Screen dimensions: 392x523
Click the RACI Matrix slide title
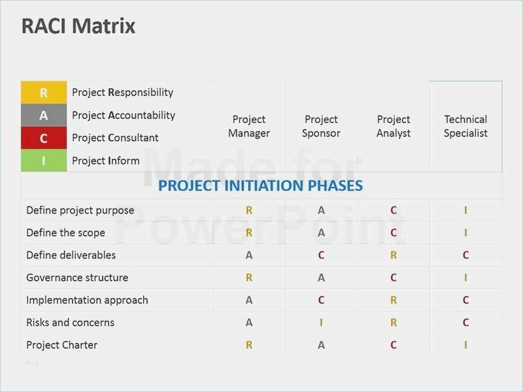[x=78, y=26]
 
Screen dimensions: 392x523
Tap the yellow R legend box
[x=44, y=93]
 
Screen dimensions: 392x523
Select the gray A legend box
[x=44, y=116]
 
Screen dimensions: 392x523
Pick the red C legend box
[x=44, y=138]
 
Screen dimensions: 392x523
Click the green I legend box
[x=44, y=161]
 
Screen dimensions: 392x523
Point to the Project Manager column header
[x=249, y=127]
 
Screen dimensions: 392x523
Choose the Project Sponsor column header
[x=321, y=127]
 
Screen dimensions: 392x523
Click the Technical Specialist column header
[x=465, y=127]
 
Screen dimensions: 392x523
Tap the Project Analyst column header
[x=394, y=127]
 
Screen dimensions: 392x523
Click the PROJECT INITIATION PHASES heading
[x=260, y=186]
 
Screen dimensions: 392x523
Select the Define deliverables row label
[x=71, y=255]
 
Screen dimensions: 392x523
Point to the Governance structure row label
[x=77, y=278]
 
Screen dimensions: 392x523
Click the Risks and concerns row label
[x=70, y=323]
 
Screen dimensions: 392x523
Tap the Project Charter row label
[x=62, y=345]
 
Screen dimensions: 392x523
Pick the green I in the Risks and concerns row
[x=321, y=323]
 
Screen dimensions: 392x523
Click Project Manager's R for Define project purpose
[x=249, y=210]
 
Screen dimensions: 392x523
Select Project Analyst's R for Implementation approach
[x=394, y=301]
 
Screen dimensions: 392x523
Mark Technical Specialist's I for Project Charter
[x=465, y=345]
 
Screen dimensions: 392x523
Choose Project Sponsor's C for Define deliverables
[x=321, y=255]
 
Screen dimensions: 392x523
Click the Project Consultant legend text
[x=115, y=138]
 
